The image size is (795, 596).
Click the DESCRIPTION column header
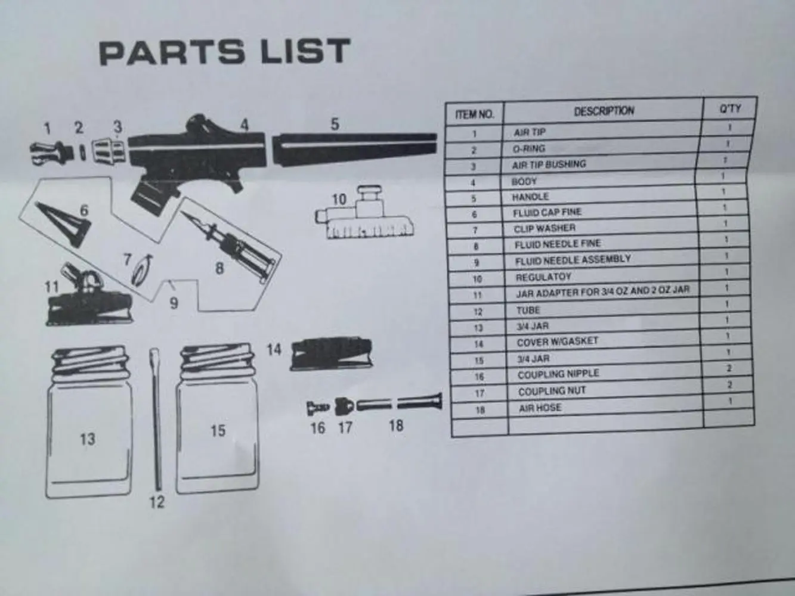point(604,111)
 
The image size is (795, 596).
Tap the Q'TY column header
point(730,108)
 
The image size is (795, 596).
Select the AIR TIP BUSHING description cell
point(549,164)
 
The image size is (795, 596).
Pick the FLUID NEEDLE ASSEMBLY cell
point(573,260)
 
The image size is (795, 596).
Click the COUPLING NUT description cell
point(552,392)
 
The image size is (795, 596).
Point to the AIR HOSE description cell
point(540,408)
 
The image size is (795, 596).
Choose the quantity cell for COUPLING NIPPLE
point(729,369)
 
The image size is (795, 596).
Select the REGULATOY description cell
point(543,277)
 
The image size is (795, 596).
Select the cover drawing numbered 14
point(330,354)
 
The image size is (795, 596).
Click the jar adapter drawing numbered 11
point(87,301)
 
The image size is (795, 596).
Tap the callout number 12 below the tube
point(156,502)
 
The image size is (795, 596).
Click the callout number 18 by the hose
point(396,426)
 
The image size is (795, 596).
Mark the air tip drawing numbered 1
point(51,152)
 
